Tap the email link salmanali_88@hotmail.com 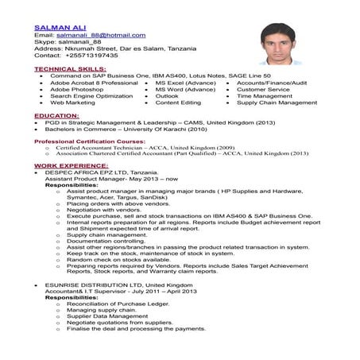[100, 36]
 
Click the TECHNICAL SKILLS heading [69, 69]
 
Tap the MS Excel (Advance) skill [185, 83]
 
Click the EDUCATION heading [56, 116]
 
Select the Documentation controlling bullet [106, 241]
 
